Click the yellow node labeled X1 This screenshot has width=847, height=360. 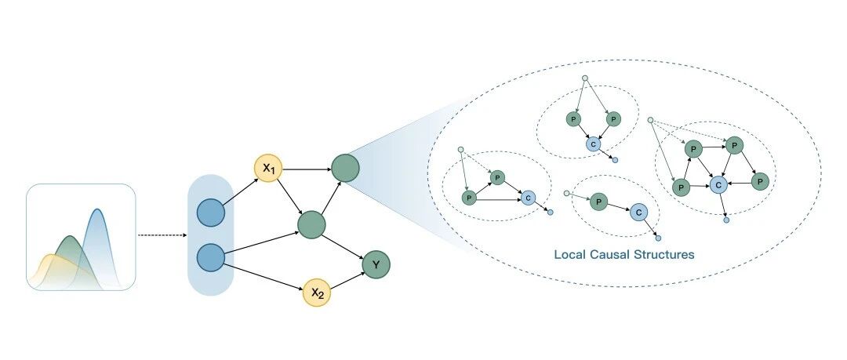[x=269, y=168]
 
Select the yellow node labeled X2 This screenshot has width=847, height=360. [x=317, y=293]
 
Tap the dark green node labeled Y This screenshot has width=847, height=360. [x=376, y=265]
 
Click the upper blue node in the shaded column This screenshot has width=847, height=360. [x=209, y=213]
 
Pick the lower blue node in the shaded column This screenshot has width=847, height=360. [x=209, y=257]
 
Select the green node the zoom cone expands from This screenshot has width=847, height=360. [x=345, y=168]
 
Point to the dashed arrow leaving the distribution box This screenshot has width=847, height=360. [x=162, y=235]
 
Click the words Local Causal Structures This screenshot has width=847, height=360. [x=623, y=255]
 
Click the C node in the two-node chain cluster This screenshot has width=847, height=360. [x=638, y=211]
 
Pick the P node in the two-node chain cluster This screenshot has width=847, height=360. [x=599, y=202]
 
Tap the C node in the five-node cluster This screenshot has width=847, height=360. [x=716, y=184]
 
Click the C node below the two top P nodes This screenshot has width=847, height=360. [x=593, y=144]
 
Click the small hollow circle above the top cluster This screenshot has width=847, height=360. [x=584, y=77]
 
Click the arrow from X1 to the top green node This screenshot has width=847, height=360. [x=306, y=168]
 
